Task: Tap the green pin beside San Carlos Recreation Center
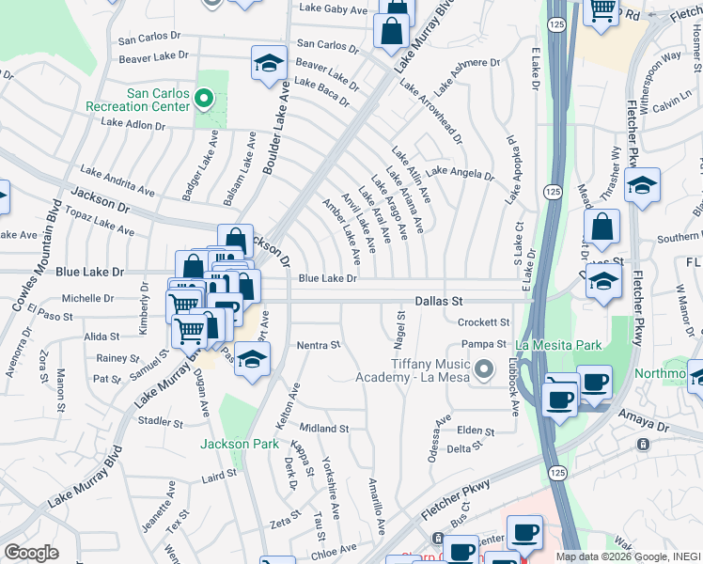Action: pos(204,99)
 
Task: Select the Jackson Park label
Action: pos(239,444)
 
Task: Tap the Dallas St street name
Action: pos(440,301)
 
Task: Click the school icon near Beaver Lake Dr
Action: pos(269,63)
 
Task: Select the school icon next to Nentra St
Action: pos(252,359)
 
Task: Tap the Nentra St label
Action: pos(318,346)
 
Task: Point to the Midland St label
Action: pos(324,429)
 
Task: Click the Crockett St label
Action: pos(482,322)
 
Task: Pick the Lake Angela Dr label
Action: pos(460,173)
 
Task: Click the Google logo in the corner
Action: pos(32,553)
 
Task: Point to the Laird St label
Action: pos(219,478)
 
